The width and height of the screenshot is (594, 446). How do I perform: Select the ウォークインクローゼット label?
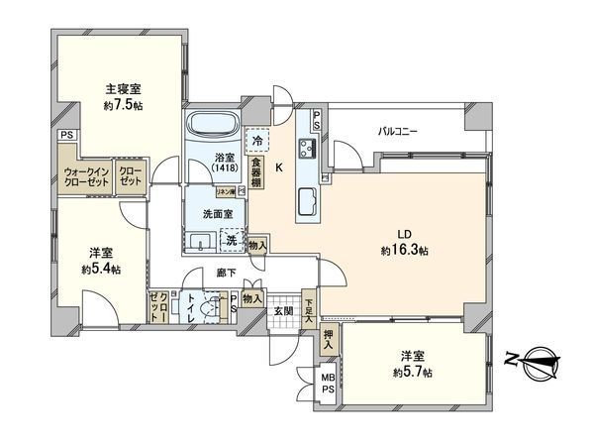coord(86,176)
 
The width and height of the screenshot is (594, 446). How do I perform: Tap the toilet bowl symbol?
coord(209,308)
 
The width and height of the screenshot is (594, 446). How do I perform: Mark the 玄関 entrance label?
coord(283,311)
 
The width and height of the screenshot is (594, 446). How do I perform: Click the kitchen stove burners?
coord(306,151)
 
